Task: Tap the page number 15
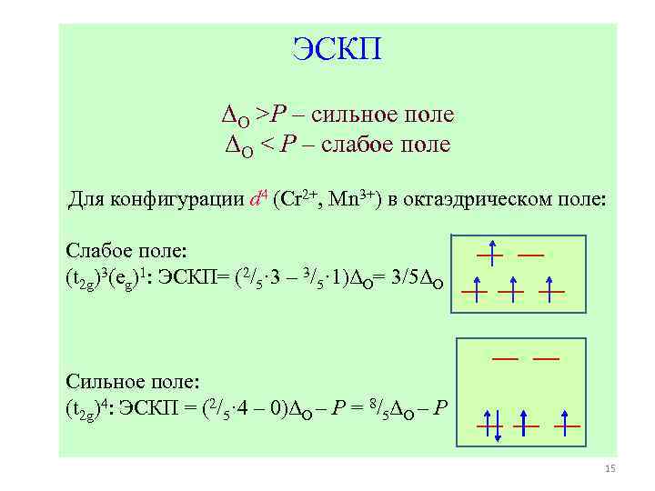610,469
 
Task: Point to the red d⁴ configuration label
257,199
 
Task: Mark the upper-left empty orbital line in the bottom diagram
505,359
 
